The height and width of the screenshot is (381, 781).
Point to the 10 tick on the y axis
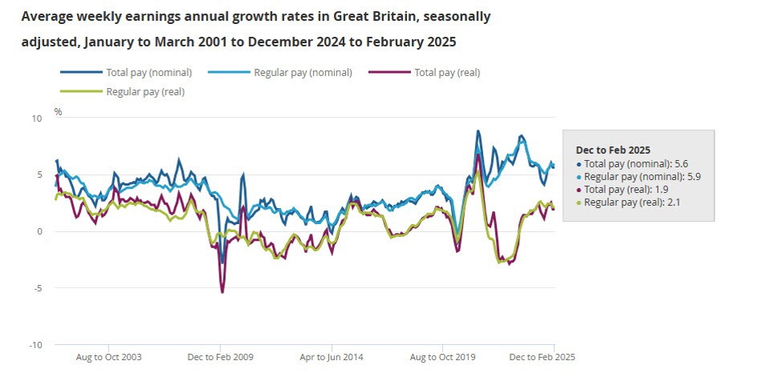click(36, 118)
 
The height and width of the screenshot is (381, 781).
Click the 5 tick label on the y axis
click(38, 174)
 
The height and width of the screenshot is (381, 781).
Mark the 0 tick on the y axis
click(38, 231)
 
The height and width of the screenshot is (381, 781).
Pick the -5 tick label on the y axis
click(36, 288)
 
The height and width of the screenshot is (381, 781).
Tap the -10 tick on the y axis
click(34, 345)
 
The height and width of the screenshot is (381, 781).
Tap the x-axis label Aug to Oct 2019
click(442, 357)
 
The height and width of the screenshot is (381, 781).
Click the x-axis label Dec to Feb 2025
click(541, 357)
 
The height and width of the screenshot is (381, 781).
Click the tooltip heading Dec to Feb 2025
click(613, 150)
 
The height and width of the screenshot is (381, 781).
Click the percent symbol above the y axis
click(58, 111)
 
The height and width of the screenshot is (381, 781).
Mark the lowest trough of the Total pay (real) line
click(222, 292)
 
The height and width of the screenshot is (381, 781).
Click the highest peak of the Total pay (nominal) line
click(478, 130)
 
